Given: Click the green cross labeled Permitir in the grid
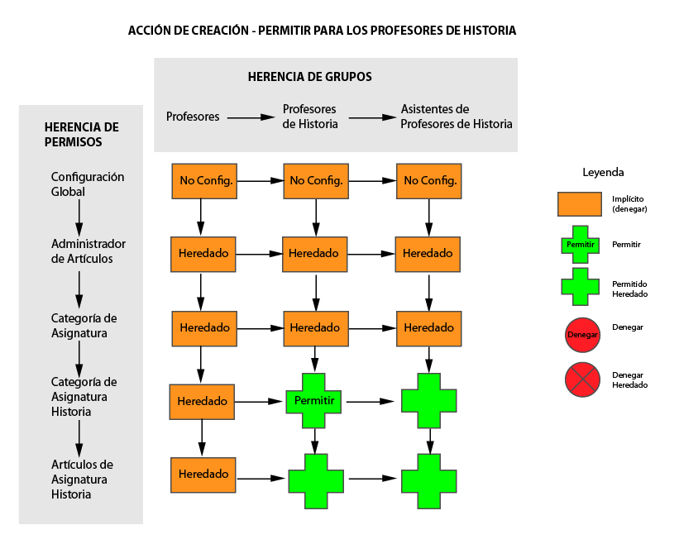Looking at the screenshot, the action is (x=313, y=401).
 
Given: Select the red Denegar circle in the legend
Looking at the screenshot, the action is (x=582, y=335).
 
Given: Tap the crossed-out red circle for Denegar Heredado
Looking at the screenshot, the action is (x=582, y=379).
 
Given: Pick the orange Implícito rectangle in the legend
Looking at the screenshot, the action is (x=580, y=204).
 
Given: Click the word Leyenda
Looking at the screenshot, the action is (x=603, y=172).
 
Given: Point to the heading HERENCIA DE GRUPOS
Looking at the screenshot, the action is (x=309, y=77).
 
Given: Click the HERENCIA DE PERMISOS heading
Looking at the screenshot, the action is (x=81, y=135).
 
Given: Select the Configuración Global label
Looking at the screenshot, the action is (x=88, y=184).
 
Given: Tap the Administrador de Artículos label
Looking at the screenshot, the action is (x=88, y=251).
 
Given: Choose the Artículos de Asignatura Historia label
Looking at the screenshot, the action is (x=82, y=479).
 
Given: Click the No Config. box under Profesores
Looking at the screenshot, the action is (x=204, y=181).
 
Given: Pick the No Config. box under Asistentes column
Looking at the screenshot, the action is (x=428, y=181).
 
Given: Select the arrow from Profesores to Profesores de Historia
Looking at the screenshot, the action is (x=251, y=117).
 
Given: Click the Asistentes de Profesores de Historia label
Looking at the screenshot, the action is (x=456, y=117).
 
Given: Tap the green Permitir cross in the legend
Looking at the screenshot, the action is (x=581, y=245).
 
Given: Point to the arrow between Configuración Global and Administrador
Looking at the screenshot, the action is (x=79, y=217).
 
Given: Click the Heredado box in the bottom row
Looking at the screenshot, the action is (x=203, y=475).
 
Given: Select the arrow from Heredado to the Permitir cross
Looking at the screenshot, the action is (x=259, y=402).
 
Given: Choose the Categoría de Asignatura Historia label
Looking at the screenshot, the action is (x=84, y=396).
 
